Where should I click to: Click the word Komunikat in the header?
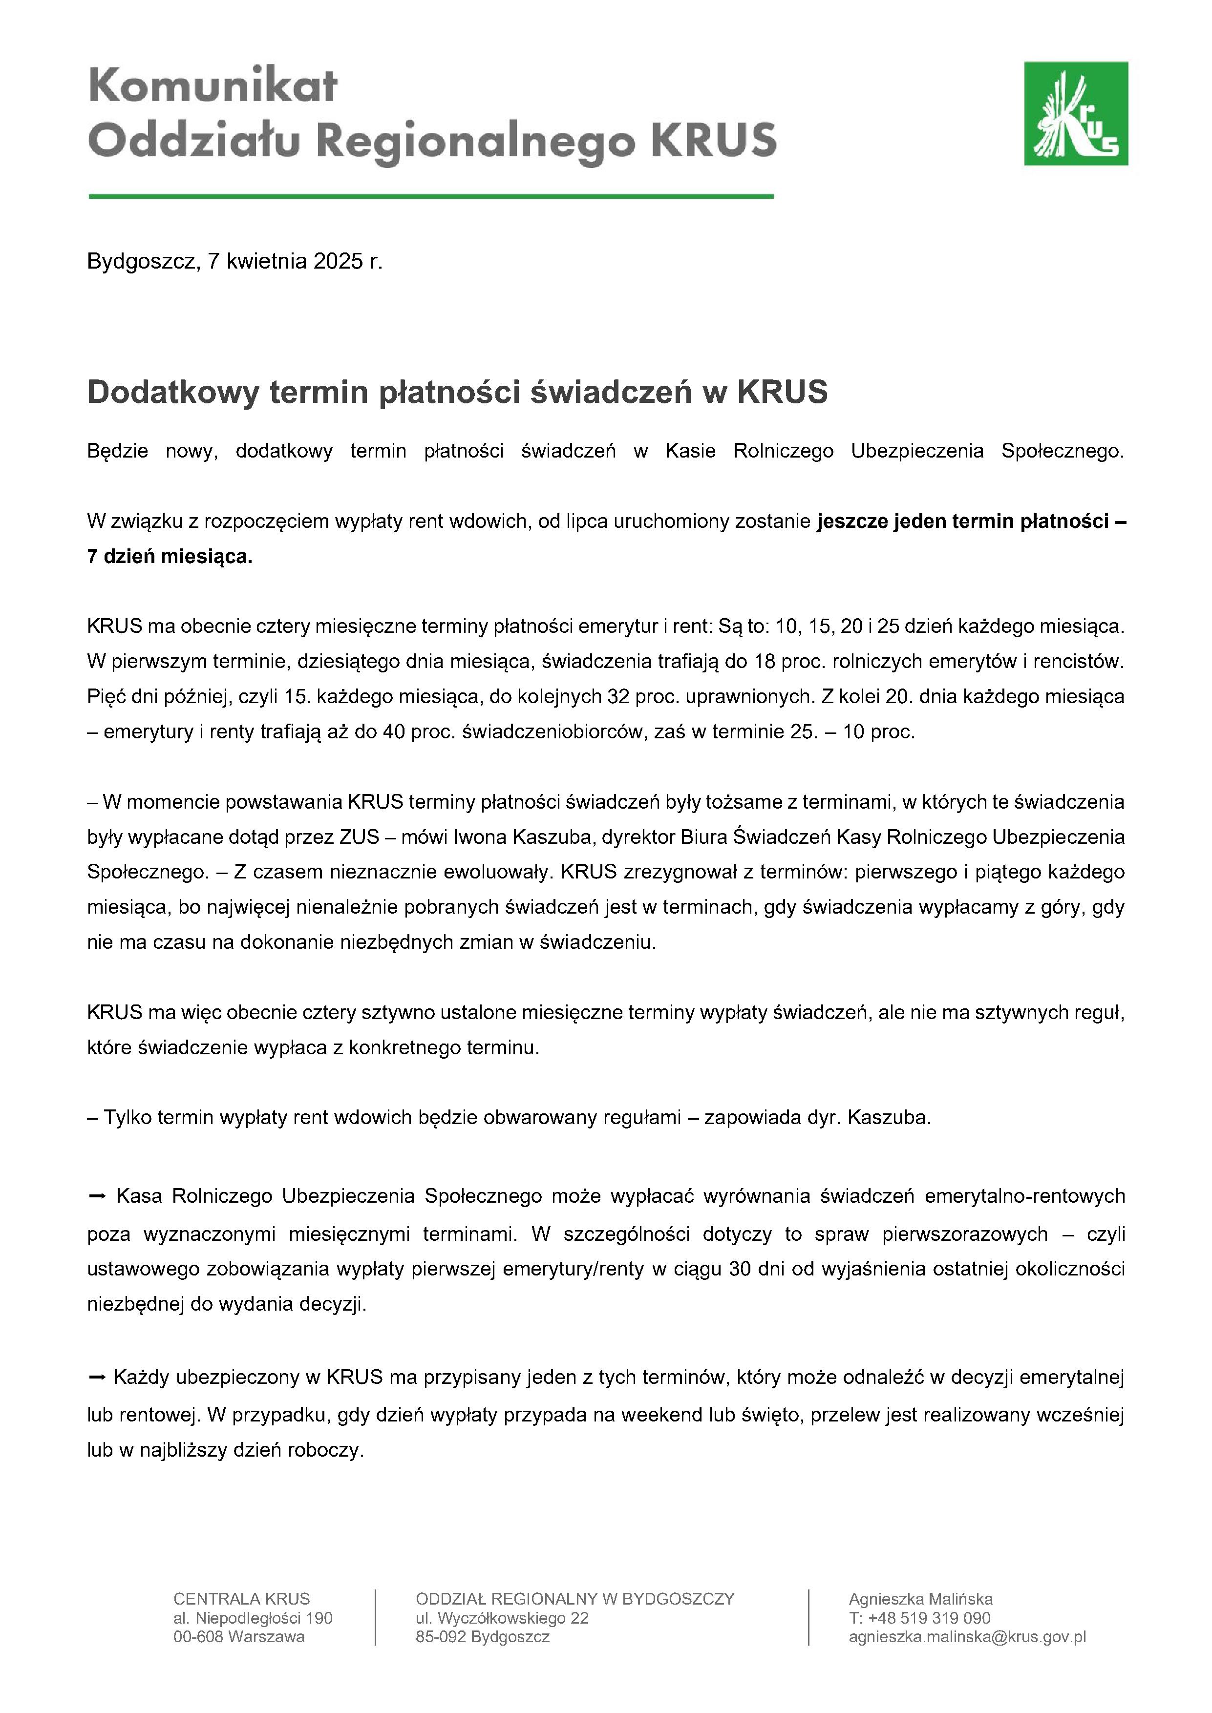pyautogui.click(x=213, y=86)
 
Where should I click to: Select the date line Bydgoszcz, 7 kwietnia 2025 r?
pyautogui.click(x=234, y=261)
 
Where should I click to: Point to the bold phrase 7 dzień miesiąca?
pyautogui.click(x=170, y=557)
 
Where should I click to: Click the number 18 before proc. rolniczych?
pyautogui.click(x=765, y=661)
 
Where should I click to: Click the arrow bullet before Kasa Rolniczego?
pyautogui.click(x=97, y=1196)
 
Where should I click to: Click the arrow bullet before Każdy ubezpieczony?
pyautogui.click(x=97, y=1377)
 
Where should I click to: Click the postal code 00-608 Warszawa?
pyautogui.click(x=239, y=1637)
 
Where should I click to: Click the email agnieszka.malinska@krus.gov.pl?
pyautogui.click(x=967, y=1637)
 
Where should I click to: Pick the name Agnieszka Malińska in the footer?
pyautogui.click(x=920, y=1599)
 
